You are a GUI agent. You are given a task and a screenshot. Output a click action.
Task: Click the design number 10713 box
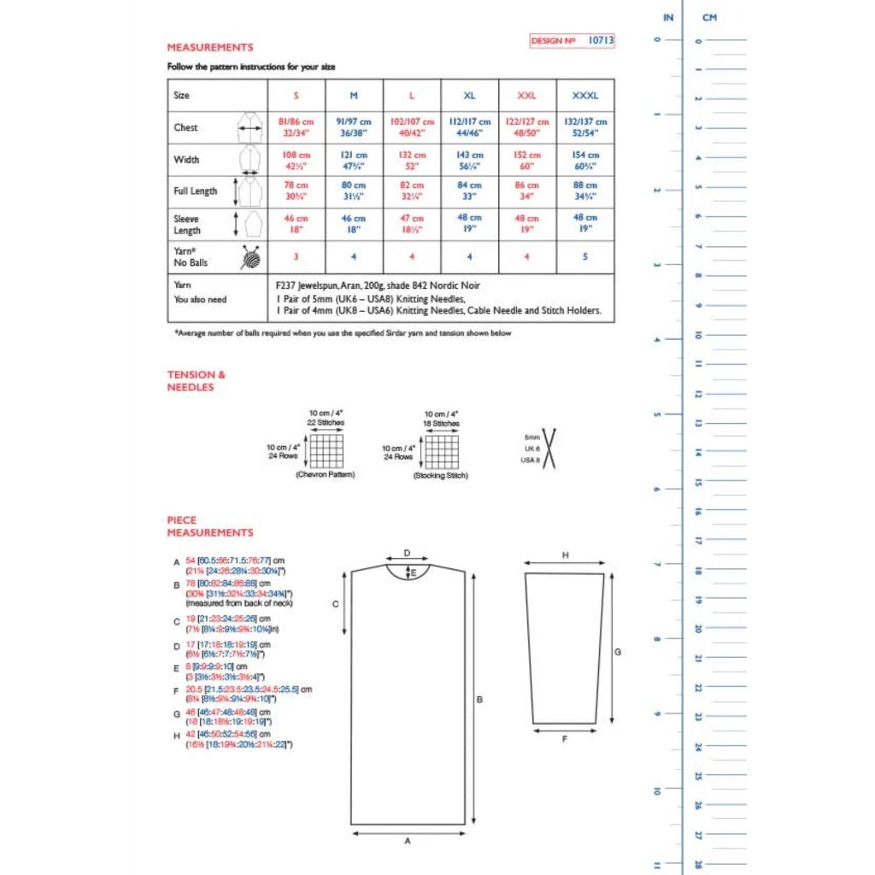coord(572,40)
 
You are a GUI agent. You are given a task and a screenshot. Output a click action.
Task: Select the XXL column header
coord(527,96)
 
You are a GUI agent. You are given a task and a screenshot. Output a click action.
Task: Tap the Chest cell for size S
coord(297,127)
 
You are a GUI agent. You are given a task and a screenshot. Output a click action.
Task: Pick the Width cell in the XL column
coord(469,160)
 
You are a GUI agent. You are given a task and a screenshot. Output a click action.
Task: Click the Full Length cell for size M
coord(354,191)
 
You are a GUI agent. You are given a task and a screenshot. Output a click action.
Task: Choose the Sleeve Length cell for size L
coord(412,223)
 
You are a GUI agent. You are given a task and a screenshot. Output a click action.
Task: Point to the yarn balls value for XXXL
coord(585,256)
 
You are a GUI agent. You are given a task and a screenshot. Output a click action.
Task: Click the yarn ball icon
coord(250,256)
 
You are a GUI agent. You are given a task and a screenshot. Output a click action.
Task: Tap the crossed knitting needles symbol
coord(548,449)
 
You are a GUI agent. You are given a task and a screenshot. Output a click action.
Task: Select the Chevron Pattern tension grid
coord(326,450)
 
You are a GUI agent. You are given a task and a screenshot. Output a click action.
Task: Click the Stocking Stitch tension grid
coord(441,451)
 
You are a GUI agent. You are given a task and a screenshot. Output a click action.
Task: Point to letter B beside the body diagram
coord(479,700)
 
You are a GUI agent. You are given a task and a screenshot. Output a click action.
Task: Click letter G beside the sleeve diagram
coord(617,652)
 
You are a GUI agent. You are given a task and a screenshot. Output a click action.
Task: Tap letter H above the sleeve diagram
coord(565,555)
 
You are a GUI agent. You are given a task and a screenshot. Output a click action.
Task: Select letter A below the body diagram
coord(408,841)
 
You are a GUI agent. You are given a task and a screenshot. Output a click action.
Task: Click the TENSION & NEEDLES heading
coord(191,380)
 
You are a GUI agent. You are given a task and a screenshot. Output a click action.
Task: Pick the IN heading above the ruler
coord(668,17)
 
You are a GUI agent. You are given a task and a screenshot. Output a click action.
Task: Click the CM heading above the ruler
coord(709,17)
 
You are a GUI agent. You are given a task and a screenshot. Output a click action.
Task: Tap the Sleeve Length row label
coord(187,225)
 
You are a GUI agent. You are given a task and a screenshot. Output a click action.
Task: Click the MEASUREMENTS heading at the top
coord(209,48)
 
